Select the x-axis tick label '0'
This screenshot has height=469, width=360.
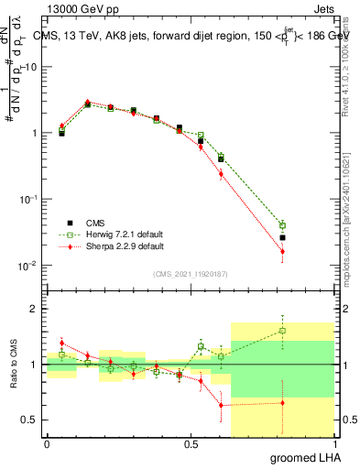(47, 442)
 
